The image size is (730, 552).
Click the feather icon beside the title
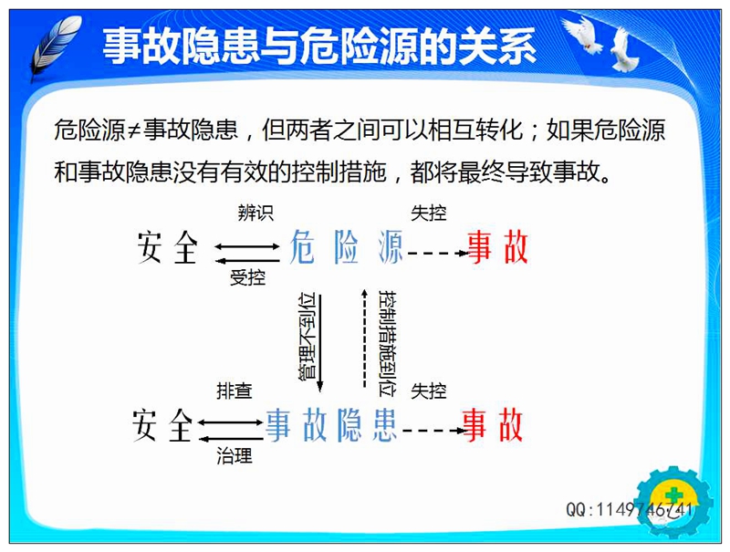[56, 47]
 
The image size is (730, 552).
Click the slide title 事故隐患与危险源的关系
[319, 46]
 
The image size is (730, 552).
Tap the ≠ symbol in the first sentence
[134, 130]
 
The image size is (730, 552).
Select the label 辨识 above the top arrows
[255, 214]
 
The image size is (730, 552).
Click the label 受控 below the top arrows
[247, 278]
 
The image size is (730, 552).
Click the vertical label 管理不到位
[307, 337]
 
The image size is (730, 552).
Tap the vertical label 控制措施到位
[387, 343]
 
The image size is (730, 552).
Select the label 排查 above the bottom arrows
[235, 391]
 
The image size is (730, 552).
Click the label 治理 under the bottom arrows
[235, 455]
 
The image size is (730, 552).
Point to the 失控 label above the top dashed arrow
[428, 214]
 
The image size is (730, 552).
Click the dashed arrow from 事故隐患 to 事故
[433, 431]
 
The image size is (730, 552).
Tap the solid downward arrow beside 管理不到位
[320, 343]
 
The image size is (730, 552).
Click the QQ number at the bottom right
[629, 509]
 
